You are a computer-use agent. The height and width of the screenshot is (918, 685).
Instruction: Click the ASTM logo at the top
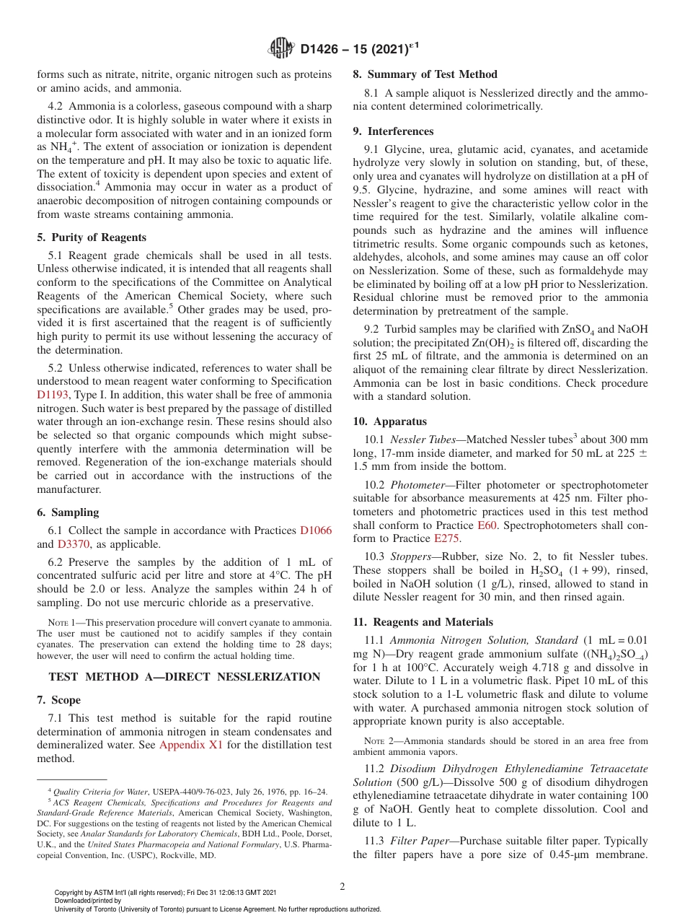pyautogui.click(x=280, y=49)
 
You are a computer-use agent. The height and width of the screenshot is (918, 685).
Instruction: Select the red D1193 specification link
pyautogui.click(x=53, y=395)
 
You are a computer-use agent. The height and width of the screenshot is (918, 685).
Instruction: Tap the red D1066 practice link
pyautogui.click(x=316, y=530)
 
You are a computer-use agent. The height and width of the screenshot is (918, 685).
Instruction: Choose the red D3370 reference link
pyautogui.click(x=74, y=544)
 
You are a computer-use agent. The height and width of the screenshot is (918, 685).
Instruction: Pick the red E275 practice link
pyautogui.click(x=446, y=538)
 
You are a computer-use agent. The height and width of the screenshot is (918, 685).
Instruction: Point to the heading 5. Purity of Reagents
pyautogui.click(x=92, y=237)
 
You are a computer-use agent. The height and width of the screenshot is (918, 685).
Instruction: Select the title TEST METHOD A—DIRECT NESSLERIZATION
pyautogui.click(x=184, y=677)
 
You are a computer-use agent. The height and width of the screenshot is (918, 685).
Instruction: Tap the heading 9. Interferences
pyautogui.click(x=393, y=131)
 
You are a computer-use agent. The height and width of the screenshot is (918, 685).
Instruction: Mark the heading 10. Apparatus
pyautogui.click(x=389, y=421)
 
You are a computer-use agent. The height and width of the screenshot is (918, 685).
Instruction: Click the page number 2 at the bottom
pyautogui.click(x=342, y=887)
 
